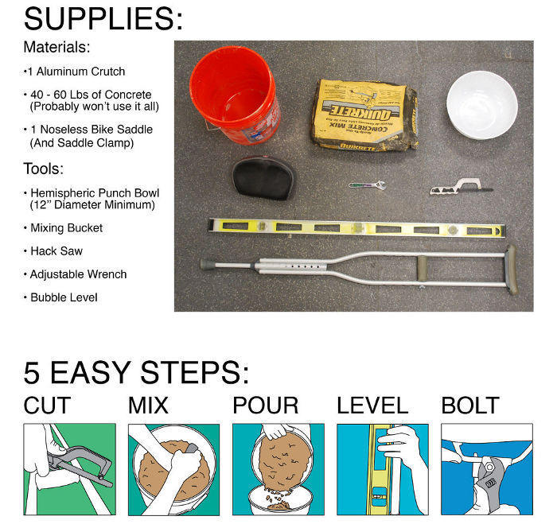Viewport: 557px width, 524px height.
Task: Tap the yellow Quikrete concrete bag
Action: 364,115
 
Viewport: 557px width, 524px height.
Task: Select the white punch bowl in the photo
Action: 481,105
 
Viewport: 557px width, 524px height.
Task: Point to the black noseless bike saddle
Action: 263,178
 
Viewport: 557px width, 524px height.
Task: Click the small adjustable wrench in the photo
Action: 367,185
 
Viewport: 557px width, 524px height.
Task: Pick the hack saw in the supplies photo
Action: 461,187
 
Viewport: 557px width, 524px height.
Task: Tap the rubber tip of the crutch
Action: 208,265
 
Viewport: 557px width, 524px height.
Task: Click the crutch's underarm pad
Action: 511,269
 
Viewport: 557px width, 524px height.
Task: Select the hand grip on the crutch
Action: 423,268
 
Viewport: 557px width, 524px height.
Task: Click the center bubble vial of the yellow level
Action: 357,227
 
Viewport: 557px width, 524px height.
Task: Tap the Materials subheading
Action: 56,47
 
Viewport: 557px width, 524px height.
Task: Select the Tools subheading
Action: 43,169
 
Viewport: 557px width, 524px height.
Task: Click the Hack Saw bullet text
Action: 56,251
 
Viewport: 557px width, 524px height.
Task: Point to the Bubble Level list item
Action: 64,297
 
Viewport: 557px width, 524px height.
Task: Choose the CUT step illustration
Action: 70,469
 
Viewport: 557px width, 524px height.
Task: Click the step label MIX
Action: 148,405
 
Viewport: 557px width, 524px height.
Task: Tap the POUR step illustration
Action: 278,469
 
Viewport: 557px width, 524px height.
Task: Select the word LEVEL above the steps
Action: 372,405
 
